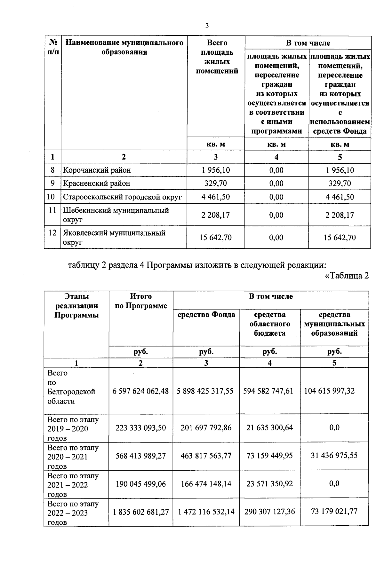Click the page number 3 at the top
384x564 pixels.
[207, 26]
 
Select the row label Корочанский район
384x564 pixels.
[97, 170]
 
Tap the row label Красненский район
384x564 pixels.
[97, 184]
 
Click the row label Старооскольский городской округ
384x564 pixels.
[122, 197]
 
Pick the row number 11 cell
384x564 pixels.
[52, 210]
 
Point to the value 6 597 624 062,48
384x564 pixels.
[140, 391]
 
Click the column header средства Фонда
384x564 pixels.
[206, 315]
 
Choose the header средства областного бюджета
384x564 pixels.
[270, 324]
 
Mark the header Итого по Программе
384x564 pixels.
[141, 301]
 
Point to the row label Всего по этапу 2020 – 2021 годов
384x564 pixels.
[73, 457]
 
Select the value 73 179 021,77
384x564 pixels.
[334, 512]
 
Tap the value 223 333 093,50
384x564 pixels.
[141, 428]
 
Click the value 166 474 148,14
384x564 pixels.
[206, 484]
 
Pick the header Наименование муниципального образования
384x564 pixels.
[124, 47]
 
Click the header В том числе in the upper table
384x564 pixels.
[308, 43]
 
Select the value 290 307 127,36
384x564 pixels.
[270, 512]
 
